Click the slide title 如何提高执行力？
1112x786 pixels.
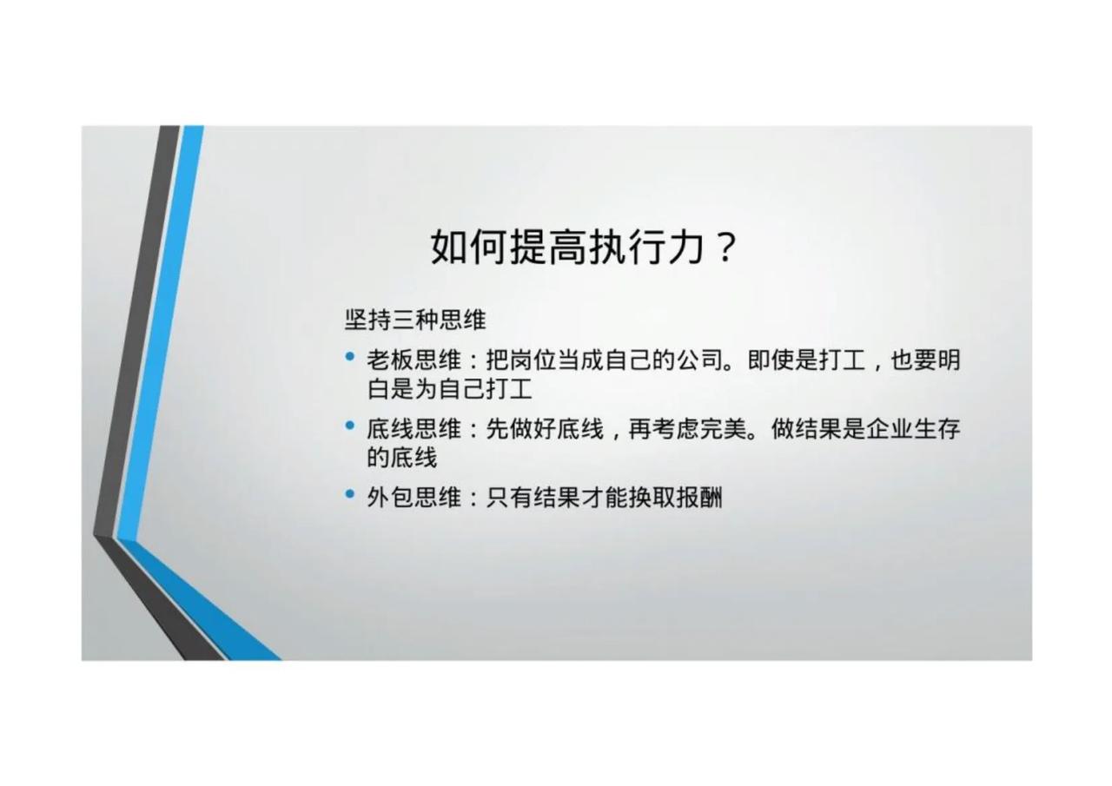[583, 247]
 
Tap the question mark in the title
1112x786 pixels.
[725, 247]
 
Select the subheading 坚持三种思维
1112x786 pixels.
[415, 320]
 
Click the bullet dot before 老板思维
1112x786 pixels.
[350, 356]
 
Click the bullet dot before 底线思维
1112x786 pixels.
[350, 426]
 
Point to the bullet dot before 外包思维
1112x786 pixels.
[350, 493]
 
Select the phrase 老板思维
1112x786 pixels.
[414, 360]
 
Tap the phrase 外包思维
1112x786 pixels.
[414, 497]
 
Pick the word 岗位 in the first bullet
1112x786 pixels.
[533, 360]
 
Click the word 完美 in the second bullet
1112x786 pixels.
[724, 429]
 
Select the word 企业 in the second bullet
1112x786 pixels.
[890, 429]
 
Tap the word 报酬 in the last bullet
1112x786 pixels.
[699, 497]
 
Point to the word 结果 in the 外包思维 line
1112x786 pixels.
[557, 497]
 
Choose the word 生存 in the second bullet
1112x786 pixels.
[937, 429]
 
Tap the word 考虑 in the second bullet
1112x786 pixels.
[676, 429]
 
